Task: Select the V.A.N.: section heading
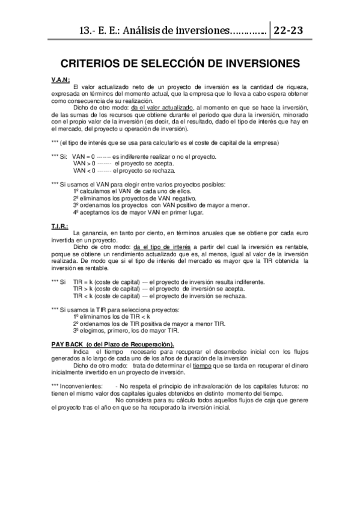61,80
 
